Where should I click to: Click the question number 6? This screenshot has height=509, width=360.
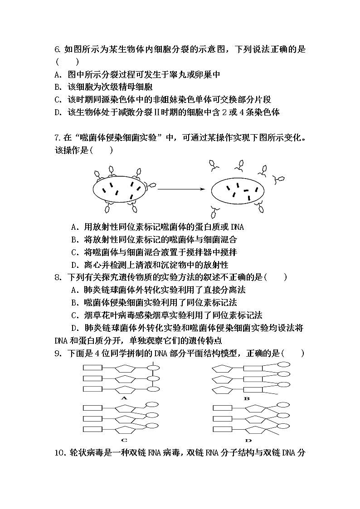(57, 49)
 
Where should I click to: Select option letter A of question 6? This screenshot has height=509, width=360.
(57, 74)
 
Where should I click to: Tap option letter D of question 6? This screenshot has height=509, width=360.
(57, 112)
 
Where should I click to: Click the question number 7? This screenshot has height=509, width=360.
(57, 138)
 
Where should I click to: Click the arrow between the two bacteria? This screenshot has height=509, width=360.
(179, 189)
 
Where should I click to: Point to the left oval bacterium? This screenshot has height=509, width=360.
(119, 189)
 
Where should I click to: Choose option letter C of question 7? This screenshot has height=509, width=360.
(75, 252)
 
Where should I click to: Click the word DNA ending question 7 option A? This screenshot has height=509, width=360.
(237, 227)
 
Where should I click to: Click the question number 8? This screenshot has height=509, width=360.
(57, 277)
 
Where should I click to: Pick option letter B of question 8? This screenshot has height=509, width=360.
(75, 302)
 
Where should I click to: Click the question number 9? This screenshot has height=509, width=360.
(57, 353)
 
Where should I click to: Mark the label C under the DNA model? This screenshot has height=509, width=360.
(124, 440)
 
